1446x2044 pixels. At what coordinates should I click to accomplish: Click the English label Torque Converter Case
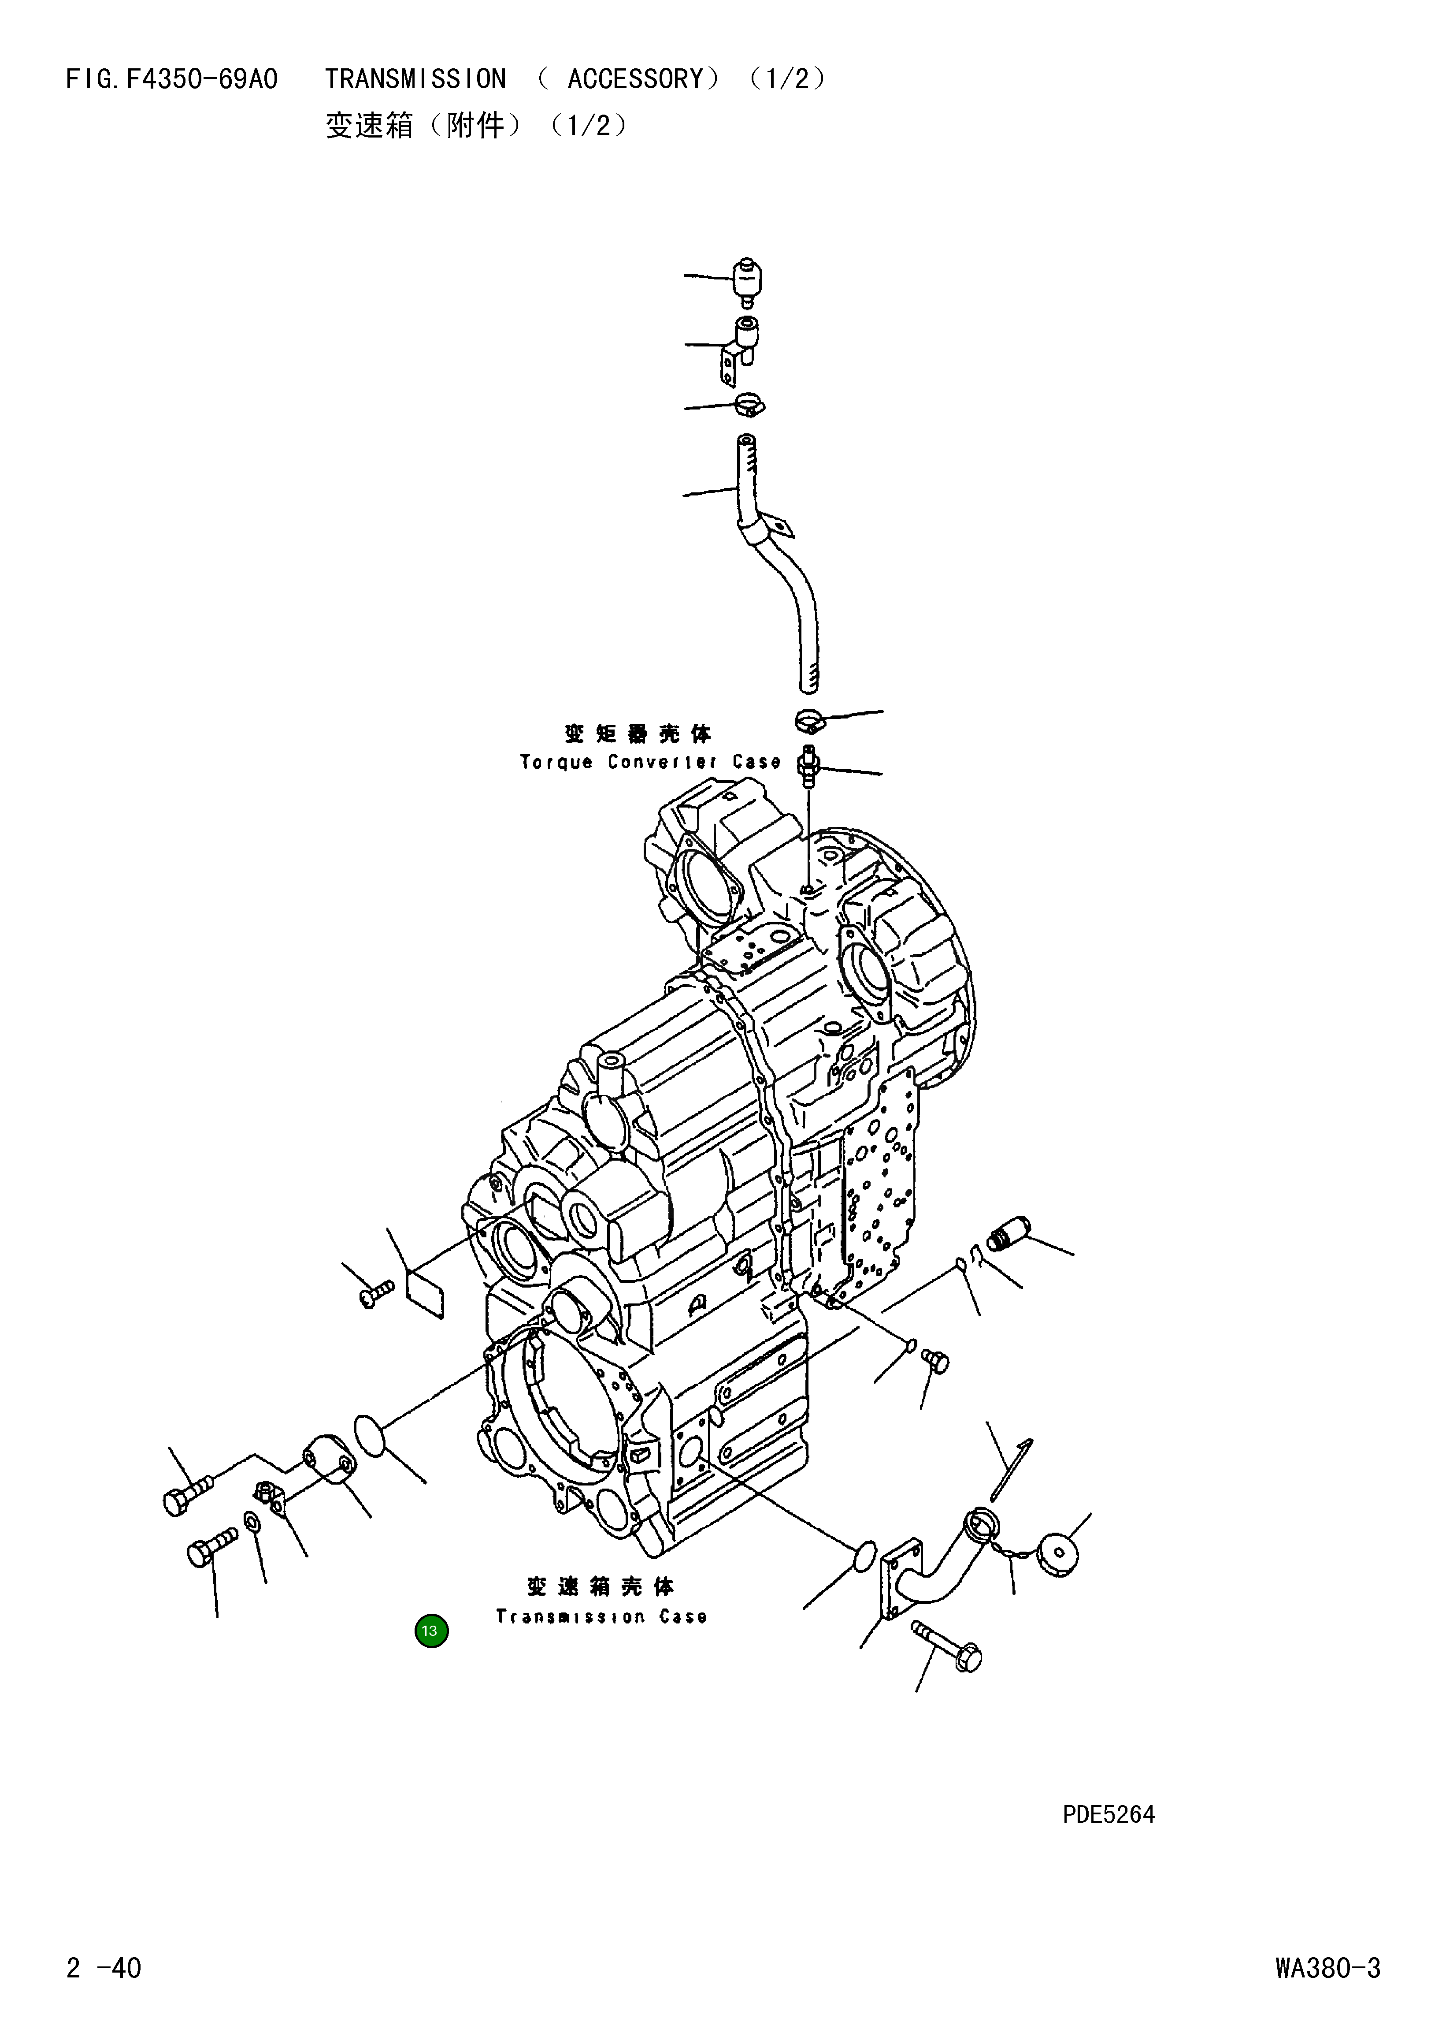[650, 763]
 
